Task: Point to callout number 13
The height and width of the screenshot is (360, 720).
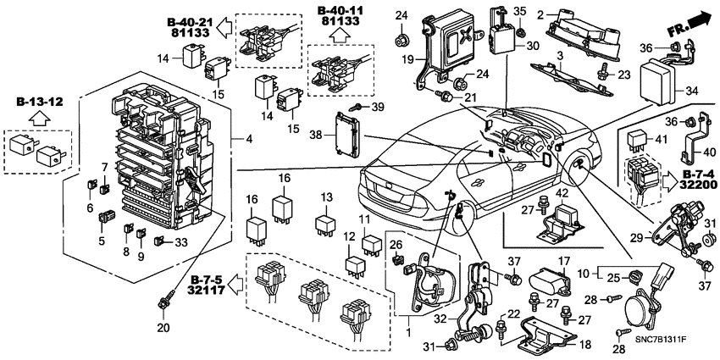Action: (x=324, y=197)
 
